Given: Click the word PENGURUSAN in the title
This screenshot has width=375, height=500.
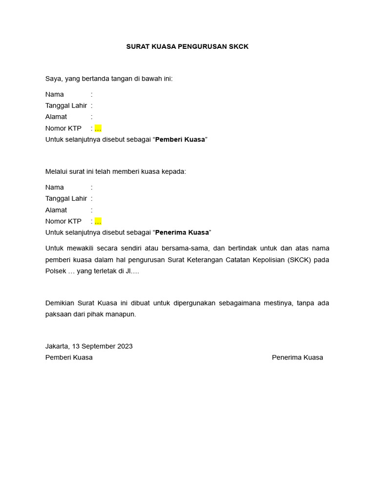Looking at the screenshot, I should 204,46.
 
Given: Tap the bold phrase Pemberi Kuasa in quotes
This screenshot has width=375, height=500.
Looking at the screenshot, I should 180,140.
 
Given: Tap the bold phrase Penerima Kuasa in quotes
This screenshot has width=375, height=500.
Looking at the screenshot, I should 182,232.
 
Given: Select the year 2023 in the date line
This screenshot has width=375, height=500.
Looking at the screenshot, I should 125,346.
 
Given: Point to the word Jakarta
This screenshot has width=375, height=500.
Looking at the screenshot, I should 57,346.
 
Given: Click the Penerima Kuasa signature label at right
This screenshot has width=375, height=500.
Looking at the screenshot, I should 297,357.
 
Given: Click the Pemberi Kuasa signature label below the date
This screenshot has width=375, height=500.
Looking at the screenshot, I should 69,357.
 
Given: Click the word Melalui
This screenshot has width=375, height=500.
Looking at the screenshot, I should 57,171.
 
